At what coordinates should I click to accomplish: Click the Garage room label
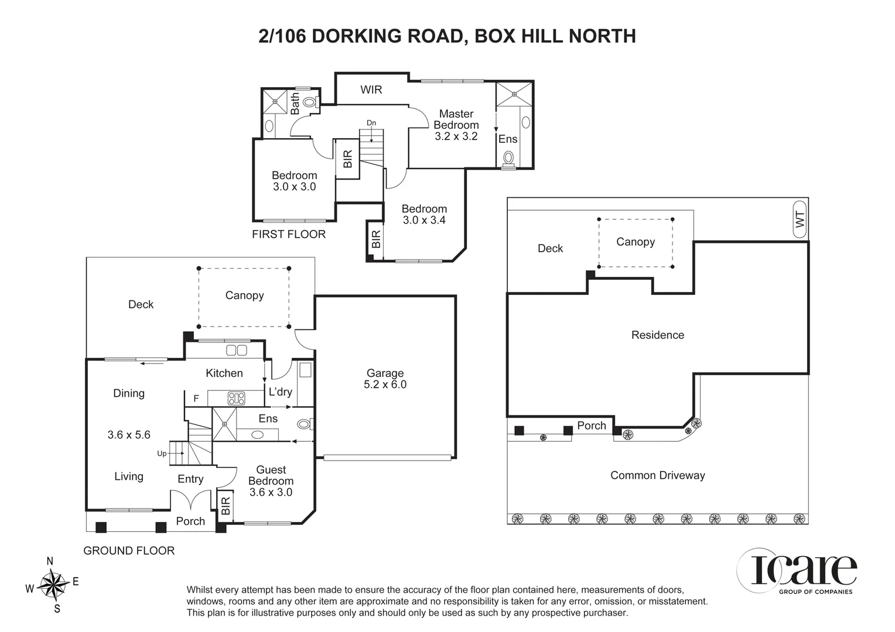385,373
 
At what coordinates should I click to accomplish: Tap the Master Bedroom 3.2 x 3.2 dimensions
456,136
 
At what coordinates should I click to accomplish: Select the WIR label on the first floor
371,90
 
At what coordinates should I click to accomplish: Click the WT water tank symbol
800,219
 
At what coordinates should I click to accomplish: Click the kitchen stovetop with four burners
236,399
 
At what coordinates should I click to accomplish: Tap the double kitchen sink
236,351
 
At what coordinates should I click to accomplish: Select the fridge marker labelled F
196,399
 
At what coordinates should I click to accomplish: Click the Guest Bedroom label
271,475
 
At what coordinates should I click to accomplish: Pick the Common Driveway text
657,475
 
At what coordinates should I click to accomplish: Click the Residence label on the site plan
657,335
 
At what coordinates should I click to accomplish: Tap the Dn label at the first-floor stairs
371,123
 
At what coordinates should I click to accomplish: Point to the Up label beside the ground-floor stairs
162,454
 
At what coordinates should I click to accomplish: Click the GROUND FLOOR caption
129,551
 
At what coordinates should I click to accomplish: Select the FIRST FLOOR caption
288,234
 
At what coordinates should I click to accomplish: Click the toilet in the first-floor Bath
311,102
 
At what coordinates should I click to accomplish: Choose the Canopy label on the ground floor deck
244,296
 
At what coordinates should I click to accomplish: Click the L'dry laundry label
280,391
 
